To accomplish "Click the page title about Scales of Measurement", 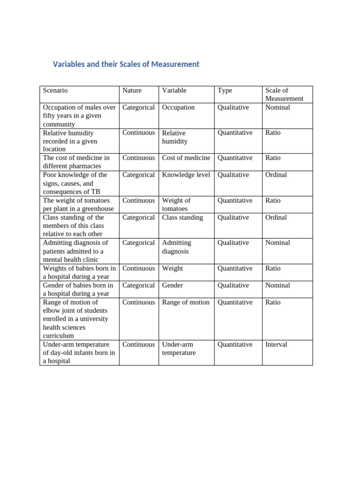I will point(126,64).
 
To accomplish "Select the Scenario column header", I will point(55,90).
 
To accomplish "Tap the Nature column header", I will point(132,90).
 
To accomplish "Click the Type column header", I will point(225,90).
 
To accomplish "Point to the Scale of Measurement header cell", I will point(284,95).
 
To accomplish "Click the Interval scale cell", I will point(276,345).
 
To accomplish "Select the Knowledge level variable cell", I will point(186,175).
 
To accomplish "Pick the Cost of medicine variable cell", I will point(186,158).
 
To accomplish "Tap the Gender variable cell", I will point(172,285).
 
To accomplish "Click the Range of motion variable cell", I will point(186,302).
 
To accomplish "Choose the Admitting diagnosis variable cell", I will point(177,247).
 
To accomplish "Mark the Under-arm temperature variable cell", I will point(179,349).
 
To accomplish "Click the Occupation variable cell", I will point(178,107).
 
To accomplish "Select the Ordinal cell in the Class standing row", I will point(276,217).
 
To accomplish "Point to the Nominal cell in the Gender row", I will point(277,285).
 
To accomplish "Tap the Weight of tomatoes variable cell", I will point(176,205).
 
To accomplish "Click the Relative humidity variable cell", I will point(174,137).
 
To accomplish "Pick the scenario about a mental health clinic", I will point(75,251).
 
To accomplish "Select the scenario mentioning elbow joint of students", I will point(75,319).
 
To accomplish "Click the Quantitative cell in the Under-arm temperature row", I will point(235,345).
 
